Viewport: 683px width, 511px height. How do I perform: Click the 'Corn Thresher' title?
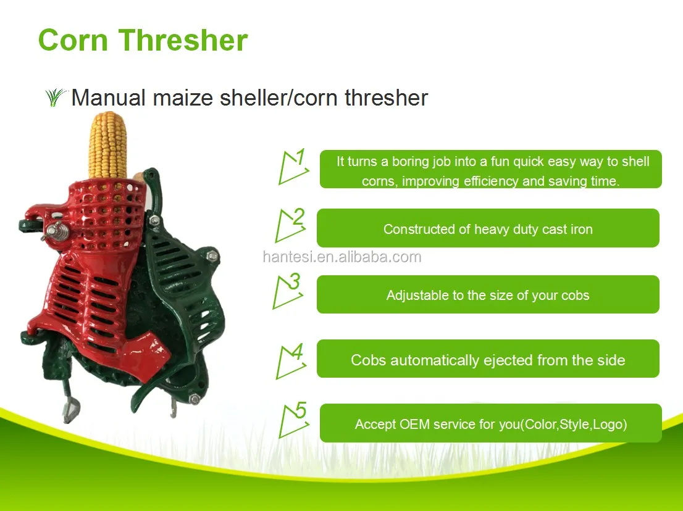(143, 40)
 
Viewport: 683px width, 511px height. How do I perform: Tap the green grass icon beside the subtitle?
(56, 97)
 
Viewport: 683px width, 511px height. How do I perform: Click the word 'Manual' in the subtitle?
(109, 98)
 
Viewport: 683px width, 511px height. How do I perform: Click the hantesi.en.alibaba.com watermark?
(341, 257)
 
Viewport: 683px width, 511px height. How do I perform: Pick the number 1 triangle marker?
(292, 167)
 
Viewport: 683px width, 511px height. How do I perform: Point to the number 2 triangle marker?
(290, 226)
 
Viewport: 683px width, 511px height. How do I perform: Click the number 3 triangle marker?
(288, 291)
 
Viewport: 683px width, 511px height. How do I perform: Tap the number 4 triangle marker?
(290, 361)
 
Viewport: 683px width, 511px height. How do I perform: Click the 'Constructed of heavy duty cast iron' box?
(488, 228)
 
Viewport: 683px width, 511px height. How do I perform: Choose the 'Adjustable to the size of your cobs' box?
(488, 294)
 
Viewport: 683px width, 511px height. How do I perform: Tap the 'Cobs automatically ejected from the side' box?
(488, 359)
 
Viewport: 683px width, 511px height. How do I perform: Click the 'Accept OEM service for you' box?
(490, 423)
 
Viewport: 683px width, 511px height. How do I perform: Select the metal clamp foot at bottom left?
(71, 407)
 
